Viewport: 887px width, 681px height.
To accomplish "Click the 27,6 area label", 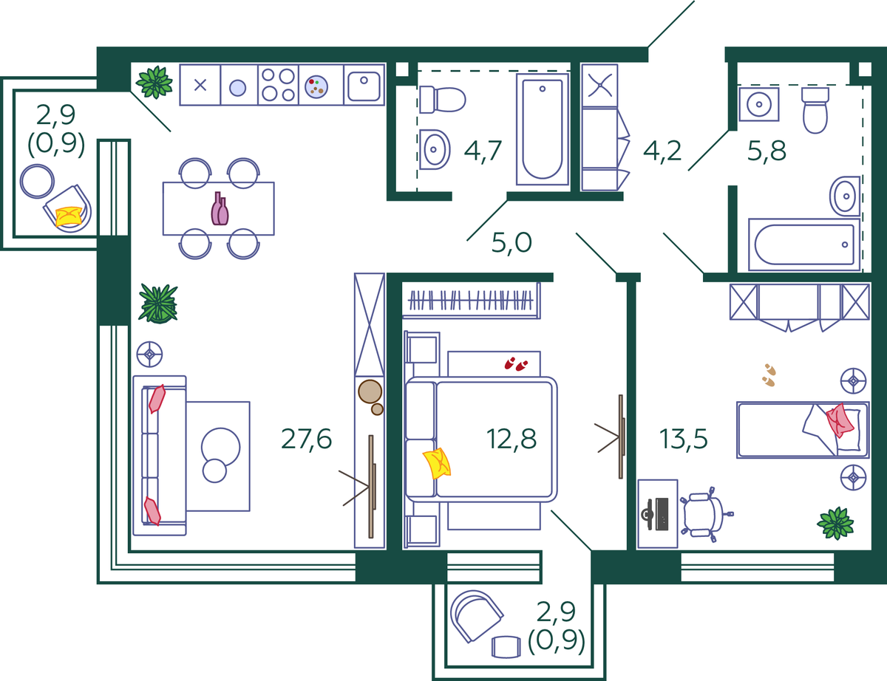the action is click(306, 439).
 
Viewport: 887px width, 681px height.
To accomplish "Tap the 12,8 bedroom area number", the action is click(511, 439).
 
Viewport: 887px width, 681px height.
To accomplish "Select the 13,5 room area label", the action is click(683, 439).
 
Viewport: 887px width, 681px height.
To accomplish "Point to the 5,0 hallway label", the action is click(512, 242).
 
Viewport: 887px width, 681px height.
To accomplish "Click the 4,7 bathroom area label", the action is click(483, 151).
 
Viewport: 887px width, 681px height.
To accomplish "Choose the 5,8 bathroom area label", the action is click(767, 151).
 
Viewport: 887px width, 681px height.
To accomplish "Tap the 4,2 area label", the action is click(662, 151).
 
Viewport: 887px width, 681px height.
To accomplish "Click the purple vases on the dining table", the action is click(220, 209).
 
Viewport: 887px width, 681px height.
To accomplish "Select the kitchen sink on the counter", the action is click(364, 85).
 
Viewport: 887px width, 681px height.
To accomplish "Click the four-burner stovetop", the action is click(278, 85).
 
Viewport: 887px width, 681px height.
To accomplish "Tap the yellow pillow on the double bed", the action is click(437, 464).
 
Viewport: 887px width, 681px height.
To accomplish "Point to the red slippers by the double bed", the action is click(516, 363).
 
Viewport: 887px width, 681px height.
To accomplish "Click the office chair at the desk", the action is click(706, 514).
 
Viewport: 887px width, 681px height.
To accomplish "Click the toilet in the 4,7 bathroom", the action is click(443, 99).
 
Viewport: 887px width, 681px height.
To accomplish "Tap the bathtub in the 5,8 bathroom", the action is click(804, 244).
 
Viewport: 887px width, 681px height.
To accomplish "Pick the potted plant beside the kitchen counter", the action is click(154, 83).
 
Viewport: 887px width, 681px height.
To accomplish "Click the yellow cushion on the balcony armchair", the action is click(69, 216).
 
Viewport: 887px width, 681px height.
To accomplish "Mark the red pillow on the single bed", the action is click(840, 420).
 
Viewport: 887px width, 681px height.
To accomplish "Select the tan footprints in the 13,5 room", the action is click(769, 375).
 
